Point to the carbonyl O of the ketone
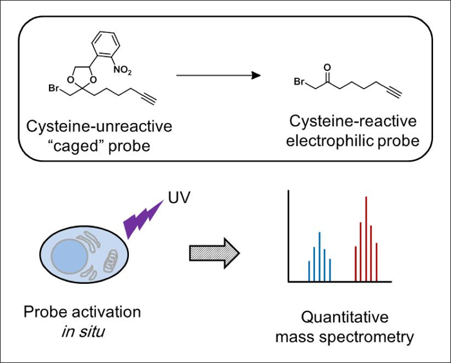tap(328, 66)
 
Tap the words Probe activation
tap(82, 312)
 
